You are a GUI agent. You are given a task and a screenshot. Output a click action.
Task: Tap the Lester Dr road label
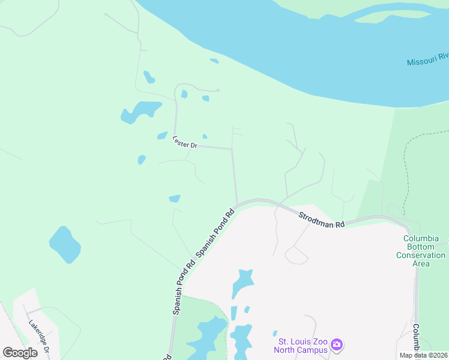pos(185,142)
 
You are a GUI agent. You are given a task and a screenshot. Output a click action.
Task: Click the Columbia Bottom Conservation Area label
pos(421,251)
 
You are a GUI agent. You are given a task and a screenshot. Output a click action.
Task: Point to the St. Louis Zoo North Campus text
pos(300,346)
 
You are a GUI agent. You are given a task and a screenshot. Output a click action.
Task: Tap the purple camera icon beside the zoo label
pos(337,344)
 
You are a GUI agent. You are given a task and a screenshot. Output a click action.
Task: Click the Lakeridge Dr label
pos(38,335)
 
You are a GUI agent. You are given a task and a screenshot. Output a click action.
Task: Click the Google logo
pos(20,352)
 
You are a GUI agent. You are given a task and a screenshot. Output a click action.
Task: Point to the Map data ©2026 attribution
pos(423,355)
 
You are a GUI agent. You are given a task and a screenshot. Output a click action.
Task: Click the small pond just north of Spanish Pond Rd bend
pos(175,199)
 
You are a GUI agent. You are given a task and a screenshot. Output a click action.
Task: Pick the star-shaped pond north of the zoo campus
pos(243,283)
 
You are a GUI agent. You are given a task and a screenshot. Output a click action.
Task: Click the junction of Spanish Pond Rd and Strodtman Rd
pos(238,205)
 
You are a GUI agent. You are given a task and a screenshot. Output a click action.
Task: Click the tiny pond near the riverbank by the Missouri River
pos(214,61)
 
